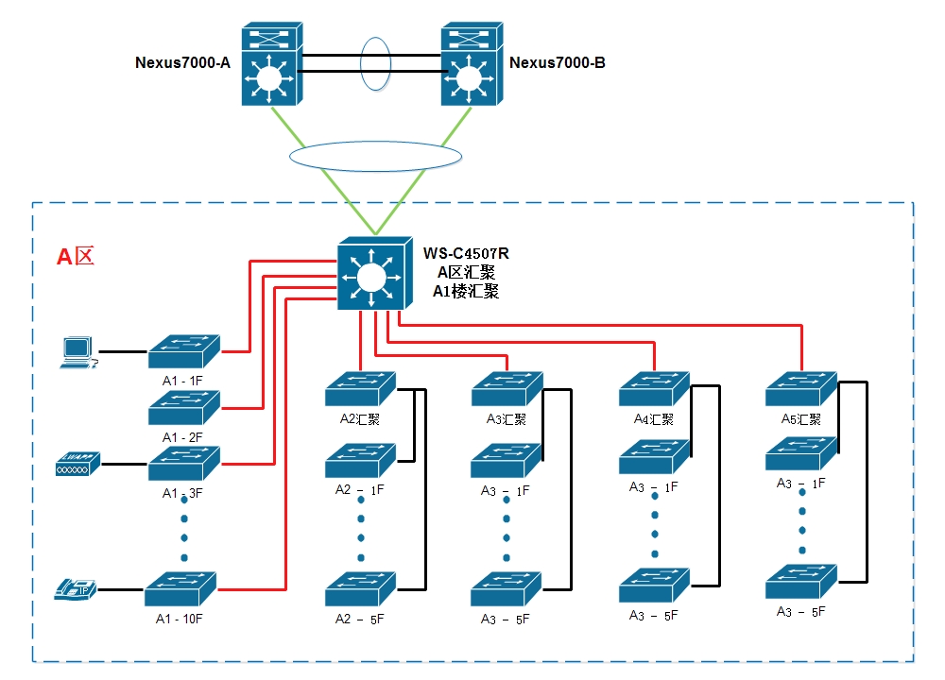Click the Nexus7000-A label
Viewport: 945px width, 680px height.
point(183,63)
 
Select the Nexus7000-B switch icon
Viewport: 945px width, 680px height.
point(472,64)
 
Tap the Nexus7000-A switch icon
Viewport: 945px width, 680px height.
point(271,64)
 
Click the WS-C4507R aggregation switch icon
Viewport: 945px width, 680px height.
point(374,273)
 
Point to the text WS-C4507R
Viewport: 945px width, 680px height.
point(466,254)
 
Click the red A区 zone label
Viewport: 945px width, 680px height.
point(76,257)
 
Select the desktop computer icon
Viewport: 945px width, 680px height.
point(77,351)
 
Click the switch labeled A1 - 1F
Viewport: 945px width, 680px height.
point(183,350)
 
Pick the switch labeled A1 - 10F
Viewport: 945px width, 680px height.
point(180,588)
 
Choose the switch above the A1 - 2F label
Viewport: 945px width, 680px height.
point(183,407)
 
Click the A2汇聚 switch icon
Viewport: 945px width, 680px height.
point(360,388)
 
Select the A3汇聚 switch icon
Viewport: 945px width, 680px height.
point(507,388)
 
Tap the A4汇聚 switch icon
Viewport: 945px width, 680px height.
point(655,388)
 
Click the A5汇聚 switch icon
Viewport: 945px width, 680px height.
point(801,388)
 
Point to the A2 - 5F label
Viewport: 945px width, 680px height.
point(360,620)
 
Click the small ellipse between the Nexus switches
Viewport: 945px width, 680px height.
point(374,64)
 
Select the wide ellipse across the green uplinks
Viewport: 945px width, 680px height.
point(374,155)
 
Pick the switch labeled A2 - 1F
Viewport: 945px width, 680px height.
point(360,460)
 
